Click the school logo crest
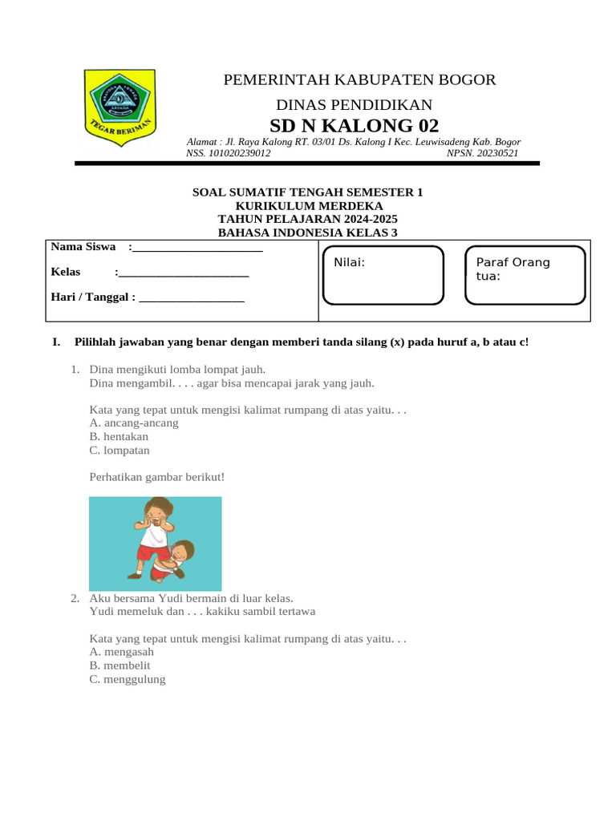(120, 107)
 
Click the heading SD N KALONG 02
(354, 126)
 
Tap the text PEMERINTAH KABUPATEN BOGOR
(359, 79)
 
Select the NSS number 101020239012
(228, 153)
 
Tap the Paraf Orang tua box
(525, 275)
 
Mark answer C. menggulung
(128, 679)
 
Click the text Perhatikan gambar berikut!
(157, 477)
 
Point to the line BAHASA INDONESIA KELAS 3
(307, 233)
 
